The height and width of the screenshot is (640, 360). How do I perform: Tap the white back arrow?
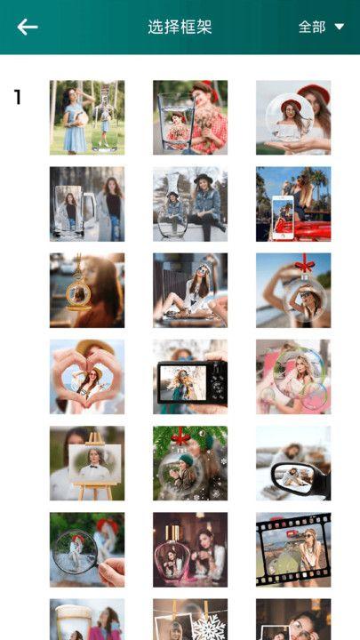click(x=28, y=28)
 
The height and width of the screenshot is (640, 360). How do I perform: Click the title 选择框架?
click(x=180, y=28)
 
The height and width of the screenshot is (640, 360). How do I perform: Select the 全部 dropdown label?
click(x=312, y=28)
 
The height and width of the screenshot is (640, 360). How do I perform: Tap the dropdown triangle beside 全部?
click(x=340, y=27)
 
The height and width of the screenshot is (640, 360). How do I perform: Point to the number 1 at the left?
click(x=17, y=97)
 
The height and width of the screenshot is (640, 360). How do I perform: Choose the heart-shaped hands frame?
click(x=87, y=377)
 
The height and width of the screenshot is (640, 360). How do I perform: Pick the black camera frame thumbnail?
click(x=190, y=377)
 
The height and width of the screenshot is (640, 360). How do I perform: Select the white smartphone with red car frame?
click(x=293, y=204)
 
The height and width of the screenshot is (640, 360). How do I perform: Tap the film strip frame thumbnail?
click(x=293, y=550)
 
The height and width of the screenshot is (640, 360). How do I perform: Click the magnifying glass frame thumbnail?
click(x=87, y=550)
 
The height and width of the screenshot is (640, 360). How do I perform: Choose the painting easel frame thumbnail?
click(x=87, y=463)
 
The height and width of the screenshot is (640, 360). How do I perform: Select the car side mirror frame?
click(x=293, y=463)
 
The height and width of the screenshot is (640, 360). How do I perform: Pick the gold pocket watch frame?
click(x=87, y=290)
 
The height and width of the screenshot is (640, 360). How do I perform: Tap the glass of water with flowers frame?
click(x=190, y=117)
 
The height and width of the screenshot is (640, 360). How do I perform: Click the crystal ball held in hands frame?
click(x=293, y=117)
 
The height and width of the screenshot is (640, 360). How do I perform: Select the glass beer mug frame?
click(x=87, y=204)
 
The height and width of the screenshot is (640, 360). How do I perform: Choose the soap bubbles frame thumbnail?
click(x=293, y=377)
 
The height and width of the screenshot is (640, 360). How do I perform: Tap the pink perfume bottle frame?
click(x=190, y=550)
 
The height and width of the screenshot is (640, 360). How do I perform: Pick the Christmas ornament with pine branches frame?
click(x=190, y=463)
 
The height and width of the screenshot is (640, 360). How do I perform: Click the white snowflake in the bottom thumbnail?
click(x=210, y=626)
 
